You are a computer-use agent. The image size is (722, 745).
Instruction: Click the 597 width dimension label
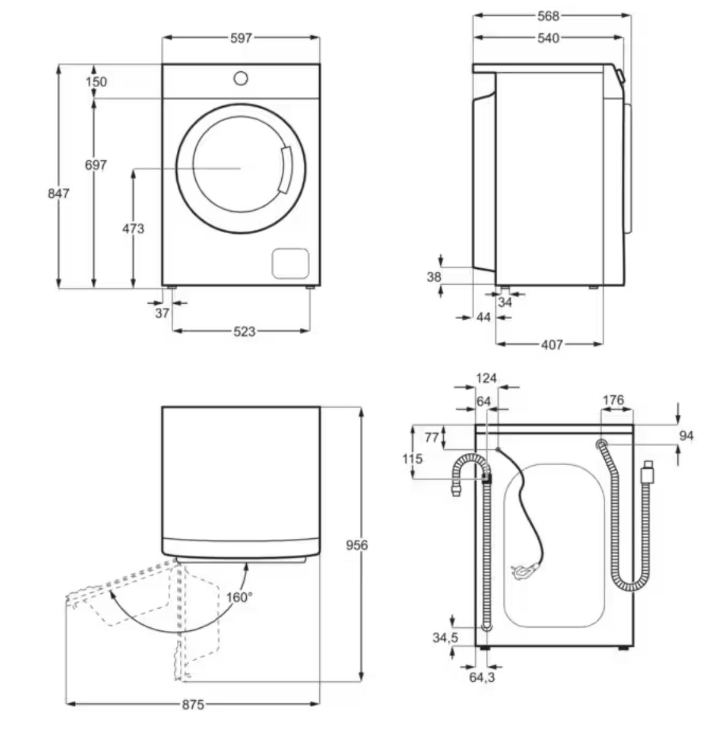pyautogui.click(x=241, y=38)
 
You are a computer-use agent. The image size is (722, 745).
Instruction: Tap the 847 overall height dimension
pyautogui.click(x=58, y=194)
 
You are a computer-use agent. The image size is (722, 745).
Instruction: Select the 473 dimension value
pyautogui.click(x=133, y=228)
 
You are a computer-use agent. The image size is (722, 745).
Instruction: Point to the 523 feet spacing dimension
pyautogui.click(x=244, y=331)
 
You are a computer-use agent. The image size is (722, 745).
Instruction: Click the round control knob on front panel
pyautogui.click(x=241, y=79)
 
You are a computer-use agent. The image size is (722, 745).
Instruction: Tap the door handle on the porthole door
pyautogui.click(x=285, y=169)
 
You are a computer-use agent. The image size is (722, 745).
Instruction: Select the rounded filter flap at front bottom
pyautogui.click(x=291, y=263)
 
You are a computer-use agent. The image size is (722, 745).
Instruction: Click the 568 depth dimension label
pyautogui.click(x=548, y=16)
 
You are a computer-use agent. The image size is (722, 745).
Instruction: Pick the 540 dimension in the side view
pyautogui.click(x=548, y=38)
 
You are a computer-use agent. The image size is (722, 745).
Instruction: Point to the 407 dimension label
pyautogui.click(x=552, y=344)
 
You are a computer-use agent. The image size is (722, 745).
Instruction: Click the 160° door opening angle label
pyautogui.click(x=239, y=597)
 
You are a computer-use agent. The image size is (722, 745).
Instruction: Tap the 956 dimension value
pyautogui.click(x=357, y=545)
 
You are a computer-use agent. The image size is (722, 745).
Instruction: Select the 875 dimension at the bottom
pyautogui.click(x=193, y=704)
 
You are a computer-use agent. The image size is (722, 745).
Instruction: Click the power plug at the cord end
pyautogui.click(x=524, y=571)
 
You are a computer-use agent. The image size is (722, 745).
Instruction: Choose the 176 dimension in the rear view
pyautogui.click(x=613, y=400)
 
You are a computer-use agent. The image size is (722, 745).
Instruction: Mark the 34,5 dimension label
pyautogui.click(x=446, y=638)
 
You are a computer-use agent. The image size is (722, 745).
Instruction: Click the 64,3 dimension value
pyautogui.click(x=482, y=677)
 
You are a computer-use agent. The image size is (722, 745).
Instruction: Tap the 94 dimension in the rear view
pyautogui.click(x=686, y=436)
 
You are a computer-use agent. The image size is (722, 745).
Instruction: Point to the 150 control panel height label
pyautogui.click(x=96, y=82)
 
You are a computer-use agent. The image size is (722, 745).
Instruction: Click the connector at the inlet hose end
pyautogui.click(x=648, y=472)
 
